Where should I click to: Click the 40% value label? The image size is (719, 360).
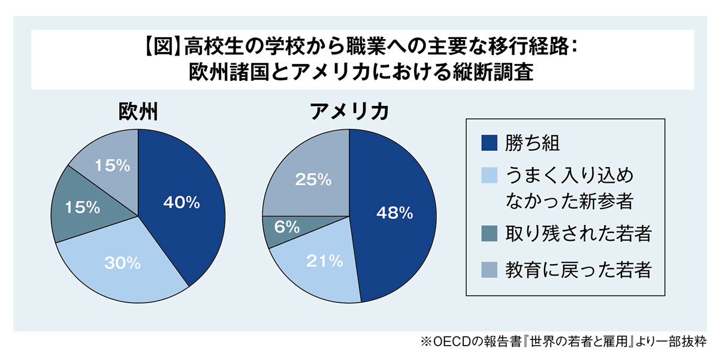tap(181, 203)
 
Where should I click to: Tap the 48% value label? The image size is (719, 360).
tap(394, 212)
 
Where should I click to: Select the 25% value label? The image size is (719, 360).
tap(313, 179)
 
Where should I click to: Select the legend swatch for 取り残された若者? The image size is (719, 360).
tap(489, 234)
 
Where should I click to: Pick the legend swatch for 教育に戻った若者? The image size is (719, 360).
tap(489, 270)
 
